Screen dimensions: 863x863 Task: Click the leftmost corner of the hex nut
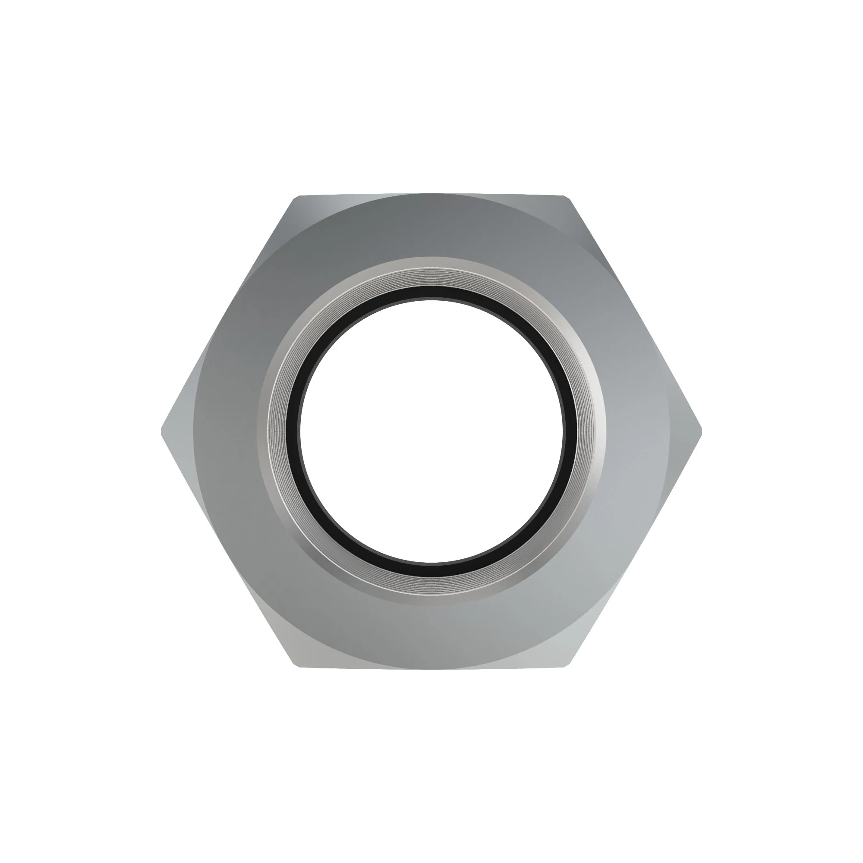pos(162,431)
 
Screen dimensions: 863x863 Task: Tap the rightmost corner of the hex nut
pos(701,431)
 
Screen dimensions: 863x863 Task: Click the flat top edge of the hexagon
pos(431,195)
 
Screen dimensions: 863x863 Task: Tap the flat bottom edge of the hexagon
pos(431,668)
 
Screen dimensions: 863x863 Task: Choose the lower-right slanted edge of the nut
pos(634,549)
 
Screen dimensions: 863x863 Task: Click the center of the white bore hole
pos(431,431)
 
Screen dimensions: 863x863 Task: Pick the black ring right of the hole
pos(569,431)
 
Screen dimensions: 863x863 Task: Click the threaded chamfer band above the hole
pos(431,275)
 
